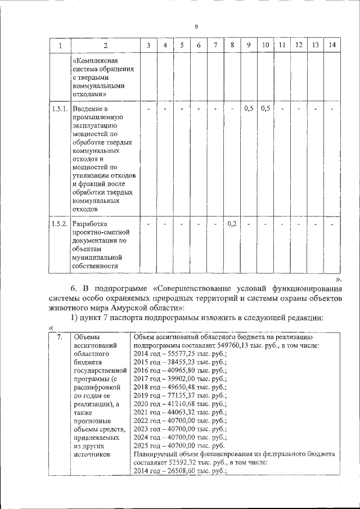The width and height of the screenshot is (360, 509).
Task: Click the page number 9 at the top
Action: pos(196,26)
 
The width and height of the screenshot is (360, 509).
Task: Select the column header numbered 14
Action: pos(332,44)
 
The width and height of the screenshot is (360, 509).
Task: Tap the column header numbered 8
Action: pos(232,44)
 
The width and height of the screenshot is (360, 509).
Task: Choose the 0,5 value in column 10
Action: pos(265,108)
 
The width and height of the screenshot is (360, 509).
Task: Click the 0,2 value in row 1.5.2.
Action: pos(232,224)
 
